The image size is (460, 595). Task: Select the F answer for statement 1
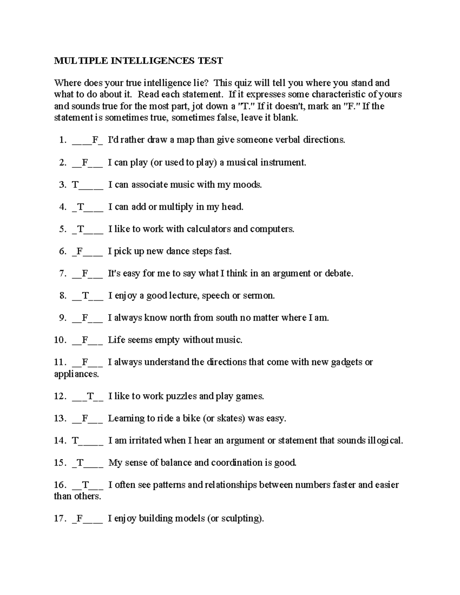[95, 140]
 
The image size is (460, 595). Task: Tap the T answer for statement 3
[75, 185]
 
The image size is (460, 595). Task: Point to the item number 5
[63, 229]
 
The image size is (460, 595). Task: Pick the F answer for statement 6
[79, 251]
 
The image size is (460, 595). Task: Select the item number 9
[63, 318]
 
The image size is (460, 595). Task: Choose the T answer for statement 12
[90, 396]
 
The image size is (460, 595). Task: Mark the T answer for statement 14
[75, 441]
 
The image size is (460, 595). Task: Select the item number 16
[61, 485]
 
